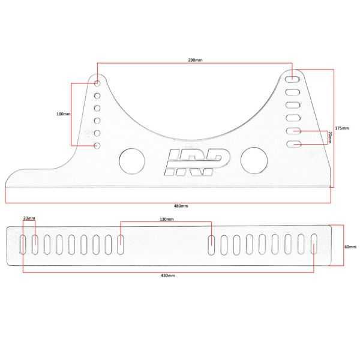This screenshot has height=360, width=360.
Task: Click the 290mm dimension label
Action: pyautogui.click(x=194, y=61)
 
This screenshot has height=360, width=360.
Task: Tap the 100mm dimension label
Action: pyautogui.click(x=63, y=114)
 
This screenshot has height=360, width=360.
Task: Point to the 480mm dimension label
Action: pyautogui.click(x=181, y=206)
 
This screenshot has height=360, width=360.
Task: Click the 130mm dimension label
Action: pyautogui.click(x=167, y=219)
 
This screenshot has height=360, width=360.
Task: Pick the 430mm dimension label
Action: pyautogui.click(x=168, y=275)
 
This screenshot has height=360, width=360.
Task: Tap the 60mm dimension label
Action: pyautogui.click(x=350, y=247)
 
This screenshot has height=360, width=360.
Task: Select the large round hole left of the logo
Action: pyautogui.click(x=131, y=160)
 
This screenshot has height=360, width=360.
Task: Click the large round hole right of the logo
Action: pyautogui.click(x=253, y=160)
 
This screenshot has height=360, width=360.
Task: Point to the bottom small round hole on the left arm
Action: pyautogui.click(x=97, y=146)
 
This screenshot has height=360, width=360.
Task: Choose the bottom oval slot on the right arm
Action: pyautogui.click(x=293, y=144)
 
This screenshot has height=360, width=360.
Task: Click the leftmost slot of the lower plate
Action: pyautogui.click(x=23, y=243)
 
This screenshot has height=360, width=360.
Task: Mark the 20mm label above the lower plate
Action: pyautogui.click(x=29, y=219)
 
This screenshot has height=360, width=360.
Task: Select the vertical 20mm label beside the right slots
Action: pyautogui.click(x=329, y=137)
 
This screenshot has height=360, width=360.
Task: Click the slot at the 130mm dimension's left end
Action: pyautogui.click(x=121, y=243)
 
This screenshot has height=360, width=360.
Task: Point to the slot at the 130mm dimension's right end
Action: pyautogui.click(x=212, y=243)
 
